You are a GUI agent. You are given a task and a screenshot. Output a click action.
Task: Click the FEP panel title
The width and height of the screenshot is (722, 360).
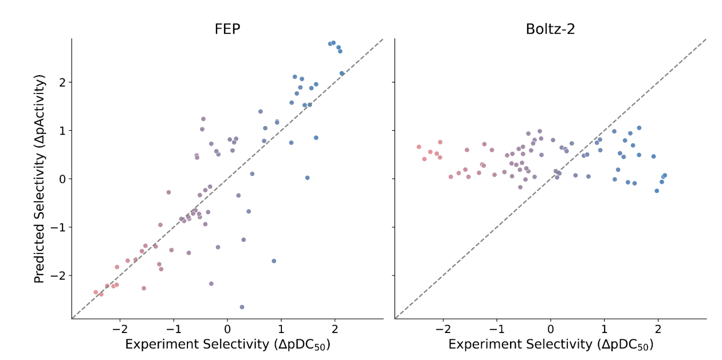point(227,29)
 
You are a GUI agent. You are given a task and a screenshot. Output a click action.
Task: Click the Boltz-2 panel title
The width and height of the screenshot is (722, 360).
point(550,29)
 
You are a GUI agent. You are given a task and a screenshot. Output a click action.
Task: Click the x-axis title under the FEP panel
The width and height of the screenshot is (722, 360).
point(227,345)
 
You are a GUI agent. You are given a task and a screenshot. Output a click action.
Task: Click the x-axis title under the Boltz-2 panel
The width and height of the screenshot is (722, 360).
point(551,345)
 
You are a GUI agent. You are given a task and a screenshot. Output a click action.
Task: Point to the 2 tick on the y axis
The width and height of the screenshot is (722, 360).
point(63,83)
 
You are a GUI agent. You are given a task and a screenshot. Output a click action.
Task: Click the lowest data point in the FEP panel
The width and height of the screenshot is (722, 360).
point(242,307)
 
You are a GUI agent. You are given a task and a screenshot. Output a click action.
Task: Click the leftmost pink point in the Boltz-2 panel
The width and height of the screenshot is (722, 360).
point(418,147)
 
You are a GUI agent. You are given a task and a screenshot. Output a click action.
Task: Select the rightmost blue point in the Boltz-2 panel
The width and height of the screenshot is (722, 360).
point(664,175)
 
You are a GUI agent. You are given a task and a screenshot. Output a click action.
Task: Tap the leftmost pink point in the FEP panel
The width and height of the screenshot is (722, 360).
point(96,292)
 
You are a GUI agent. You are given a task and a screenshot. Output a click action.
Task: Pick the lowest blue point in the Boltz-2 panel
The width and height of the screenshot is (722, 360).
point(657,191)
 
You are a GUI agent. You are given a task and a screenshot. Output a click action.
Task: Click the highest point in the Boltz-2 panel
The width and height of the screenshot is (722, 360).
point(639,128)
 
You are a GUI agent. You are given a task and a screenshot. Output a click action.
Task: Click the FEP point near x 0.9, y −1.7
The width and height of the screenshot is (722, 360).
point(274,261)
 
